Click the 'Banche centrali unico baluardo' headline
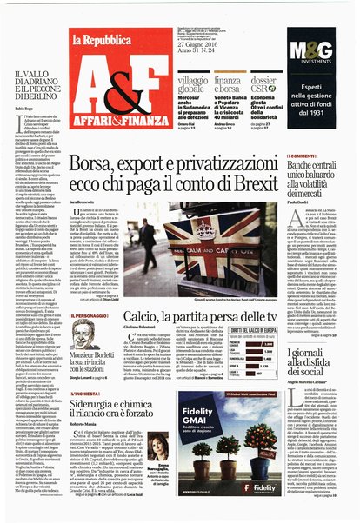coord(318,174)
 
